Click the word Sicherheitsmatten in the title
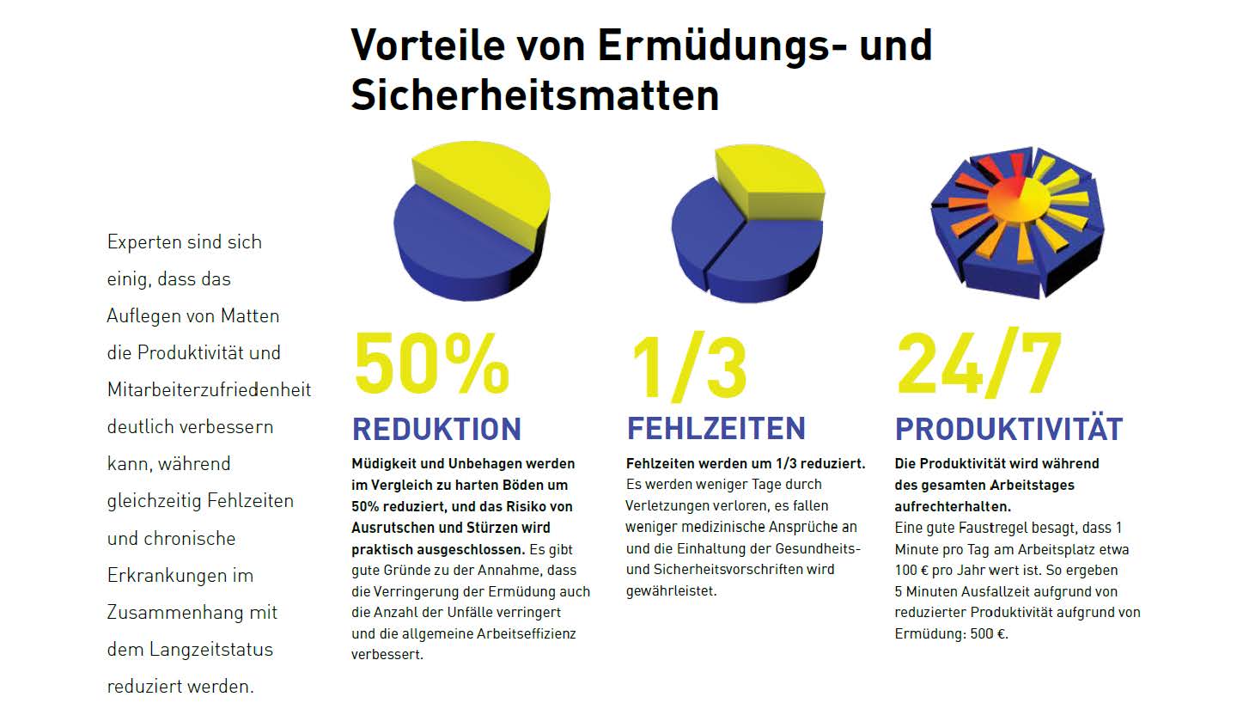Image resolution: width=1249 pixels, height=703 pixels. [x=534, y=95]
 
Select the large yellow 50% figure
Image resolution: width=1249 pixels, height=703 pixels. [x=431, y=364]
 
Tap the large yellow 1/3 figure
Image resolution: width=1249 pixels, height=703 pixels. [x=689, y=368]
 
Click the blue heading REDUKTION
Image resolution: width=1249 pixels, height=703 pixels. [x=436, y=429]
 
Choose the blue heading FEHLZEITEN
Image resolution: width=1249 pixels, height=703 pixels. [x=716, y=428]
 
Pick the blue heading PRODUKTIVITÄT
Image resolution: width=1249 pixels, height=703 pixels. [x=1008, y=429]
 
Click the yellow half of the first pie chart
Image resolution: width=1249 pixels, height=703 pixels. [x=490, y=180]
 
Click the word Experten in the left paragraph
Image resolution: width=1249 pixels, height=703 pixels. [x=141, y=242]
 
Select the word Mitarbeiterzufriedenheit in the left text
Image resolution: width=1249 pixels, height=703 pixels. [x=209, y=390]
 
